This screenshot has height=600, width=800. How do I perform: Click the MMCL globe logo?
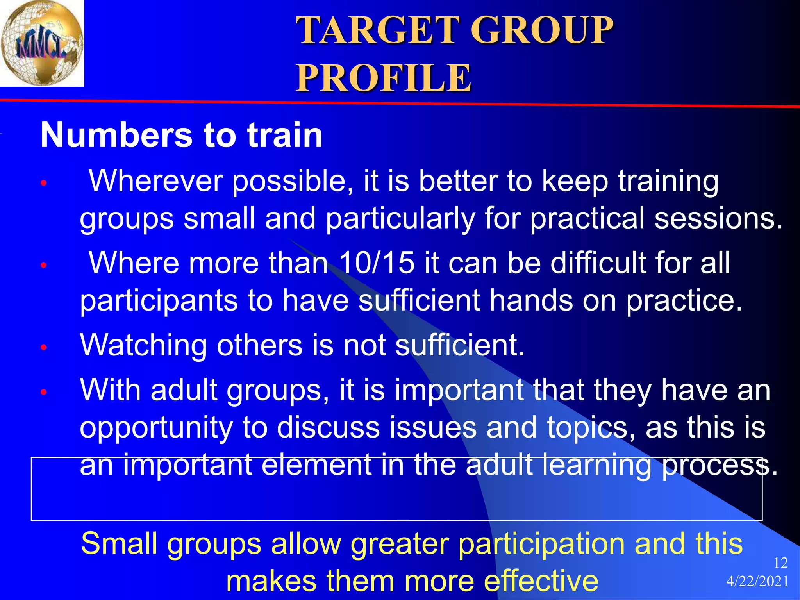41,43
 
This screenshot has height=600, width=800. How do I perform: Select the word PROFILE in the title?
384,78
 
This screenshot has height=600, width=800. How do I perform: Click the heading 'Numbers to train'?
182,135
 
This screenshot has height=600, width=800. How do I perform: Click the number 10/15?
376,262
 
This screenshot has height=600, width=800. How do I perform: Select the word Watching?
143,345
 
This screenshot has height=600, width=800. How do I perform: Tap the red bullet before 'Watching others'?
44,347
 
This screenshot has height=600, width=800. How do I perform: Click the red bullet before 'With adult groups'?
44,391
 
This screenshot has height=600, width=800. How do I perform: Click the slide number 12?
780,563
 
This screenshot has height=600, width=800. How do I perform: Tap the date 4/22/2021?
757,582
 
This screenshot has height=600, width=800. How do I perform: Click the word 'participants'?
159,301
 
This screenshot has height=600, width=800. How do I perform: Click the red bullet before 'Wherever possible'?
44,183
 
